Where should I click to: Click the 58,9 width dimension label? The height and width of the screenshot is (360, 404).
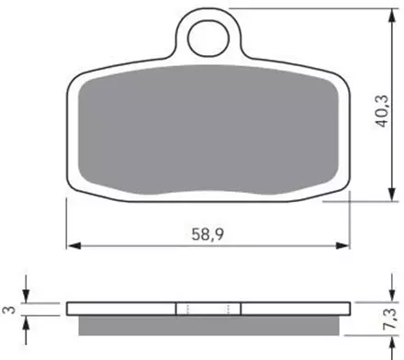208,234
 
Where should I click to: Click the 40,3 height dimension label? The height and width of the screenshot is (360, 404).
383,111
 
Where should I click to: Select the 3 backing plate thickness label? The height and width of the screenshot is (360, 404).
10,309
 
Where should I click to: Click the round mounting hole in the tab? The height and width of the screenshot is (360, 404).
208,39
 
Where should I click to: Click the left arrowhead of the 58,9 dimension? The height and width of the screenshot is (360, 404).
73,245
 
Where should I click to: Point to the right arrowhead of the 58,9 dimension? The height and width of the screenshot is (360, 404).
342,245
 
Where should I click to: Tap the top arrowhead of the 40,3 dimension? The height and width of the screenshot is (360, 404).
391,16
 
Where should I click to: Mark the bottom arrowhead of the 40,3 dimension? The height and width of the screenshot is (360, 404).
391,194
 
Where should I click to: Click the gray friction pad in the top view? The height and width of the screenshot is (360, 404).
208,129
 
